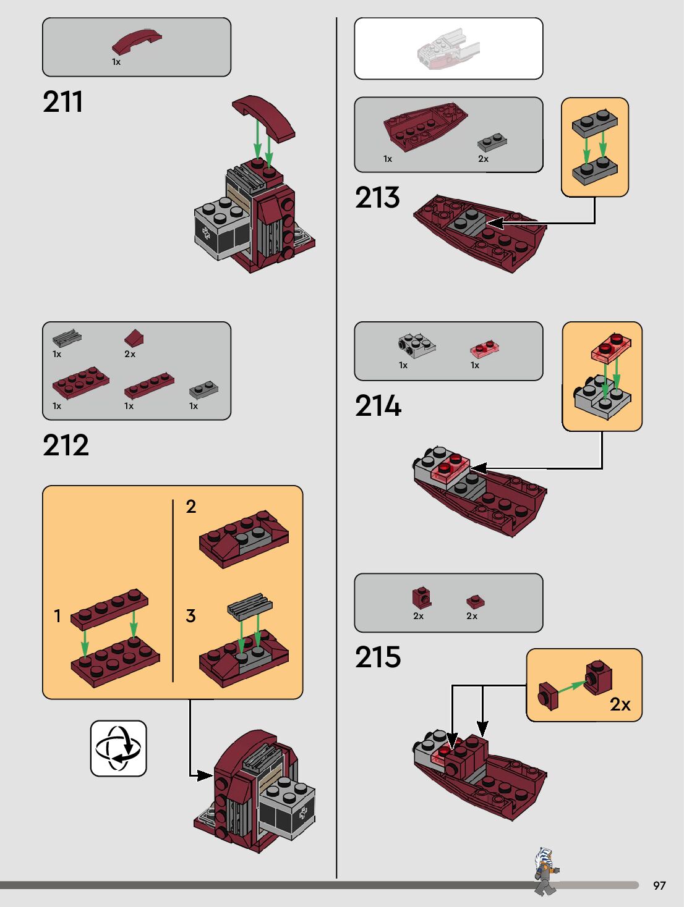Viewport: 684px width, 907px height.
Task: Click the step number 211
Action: (62, 102)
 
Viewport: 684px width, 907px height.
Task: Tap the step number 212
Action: (66, 445)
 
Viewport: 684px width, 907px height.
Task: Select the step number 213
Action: (377, 198)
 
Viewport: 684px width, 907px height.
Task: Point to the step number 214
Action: (378, 406)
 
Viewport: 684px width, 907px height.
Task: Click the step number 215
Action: (378, 657)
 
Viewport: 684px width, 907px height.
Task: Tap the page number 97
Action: (659, 885)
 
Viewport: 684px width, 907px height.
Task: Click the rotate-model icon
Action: (118, 748)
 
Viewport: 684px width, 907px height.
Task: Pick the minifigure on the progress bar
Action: (545, 871)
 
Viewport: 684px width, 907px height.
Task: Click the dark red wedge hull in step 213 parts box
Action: (424, 126)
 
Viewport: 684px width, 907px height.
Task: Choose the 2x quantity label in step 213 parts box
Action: (483, 159)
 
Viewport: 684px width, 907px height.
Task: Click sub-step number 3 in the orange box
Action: (190, 616)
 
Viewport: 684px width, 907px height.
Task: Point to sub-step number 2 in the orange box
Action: (190, 507)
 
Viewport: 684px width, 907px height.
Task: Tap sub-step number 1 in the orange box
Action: (58, 616)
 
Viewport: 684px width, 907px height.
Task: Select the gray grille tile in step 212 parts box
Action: (67, 337)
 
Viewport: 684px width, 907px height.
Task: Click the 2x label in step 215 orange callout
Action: (620, 704)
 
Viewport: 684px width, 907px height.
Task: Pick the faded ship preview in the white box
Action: (448, 48)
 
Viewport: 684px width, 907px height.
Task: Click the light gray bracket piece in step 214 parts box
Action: (416, 346)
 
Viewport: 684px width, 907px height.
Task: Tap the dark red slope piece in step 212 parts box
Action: (134, 338)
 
